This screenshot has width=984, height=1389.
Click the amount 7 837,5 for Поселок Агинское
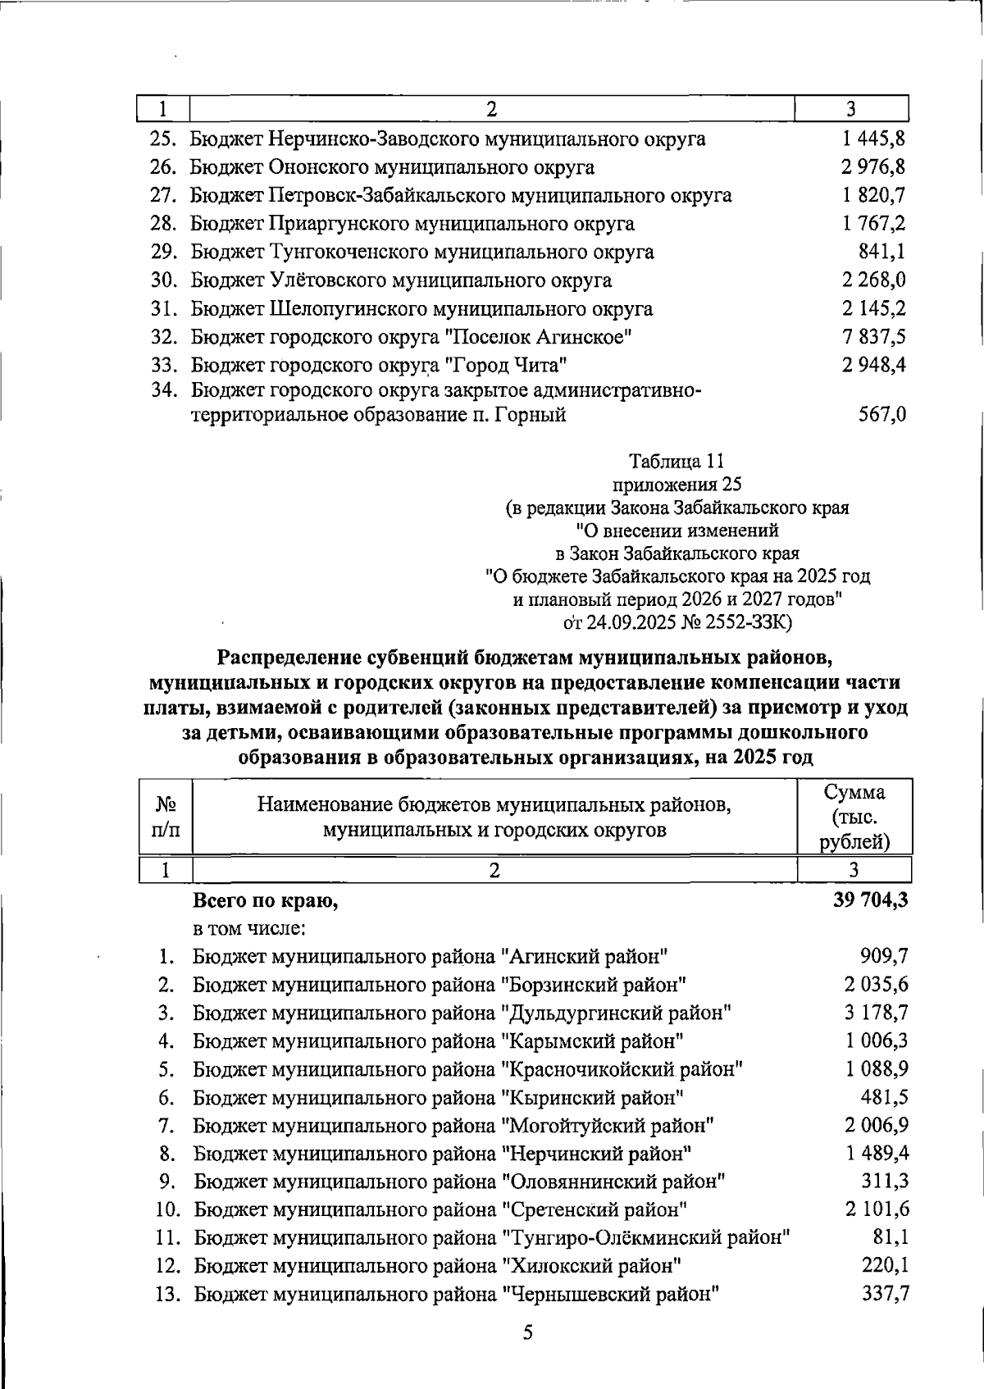(x=873, y=337)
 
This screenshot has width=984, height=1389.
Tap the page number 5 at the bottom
(x=528, y=1332)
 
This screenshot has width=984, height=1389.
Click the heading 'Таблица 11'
(x=676, y=462)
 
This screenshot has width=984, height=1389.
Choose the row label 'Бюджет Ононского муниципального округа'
(x=392, y=167)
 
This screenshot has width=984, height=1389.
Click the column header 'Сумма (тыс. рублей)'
(x=854, y=817)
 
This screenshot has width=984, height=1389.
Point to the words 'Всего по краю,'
(x=265, y=901)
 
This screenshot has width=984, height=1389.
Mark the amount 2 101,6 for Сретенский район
(x=877, y=1209)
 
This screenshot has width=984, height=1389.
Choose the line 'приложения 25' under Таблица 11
(x=676, y=485)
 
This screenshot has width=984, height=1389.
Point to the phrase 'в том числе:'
(x=249, y=928)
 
